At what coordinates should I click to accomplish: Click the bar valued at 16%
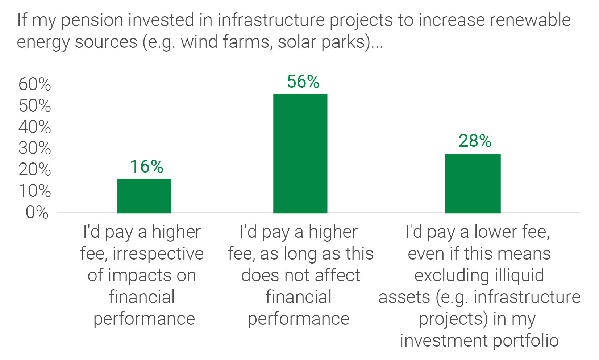pos(144,196)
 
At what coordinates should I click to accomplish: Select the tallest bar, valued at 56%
pos(300,153)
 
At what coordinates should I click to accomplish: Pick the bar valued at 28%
pos(473,183)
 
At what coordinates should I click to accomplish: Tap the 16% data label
pos(147,167)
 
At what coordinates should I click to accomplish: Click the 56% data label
pos(303,82)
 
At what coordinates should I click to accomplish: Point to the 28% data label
pos(475,141)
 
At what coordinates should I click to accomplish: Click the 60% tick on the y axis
pos(35,84)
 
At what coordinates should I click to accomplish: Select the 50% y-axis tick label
pos(35,106)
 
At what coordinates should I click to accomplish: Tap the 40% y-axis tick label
pos(35,127)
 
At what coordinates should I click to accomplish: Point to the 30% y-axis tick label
pos(35,148)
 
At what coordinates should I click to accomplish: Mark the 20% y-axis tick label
pos(35,170)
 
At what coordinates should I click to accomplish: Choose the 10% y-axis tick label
pos(35,191)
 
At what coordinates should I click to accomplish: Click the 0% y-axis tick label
pos(37,212)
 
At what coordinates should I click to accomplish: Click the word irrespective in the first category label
pos(158,254)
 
